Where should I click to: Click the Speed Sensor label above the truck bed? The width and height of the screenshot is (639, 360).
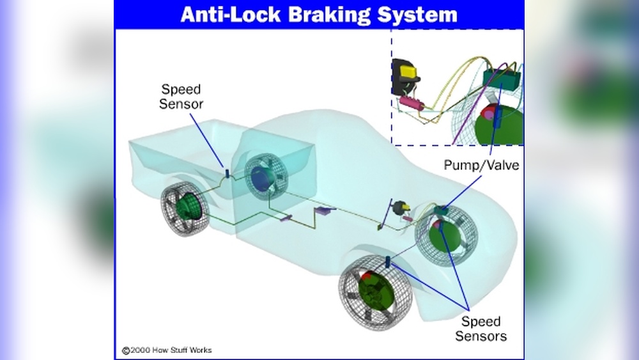181,97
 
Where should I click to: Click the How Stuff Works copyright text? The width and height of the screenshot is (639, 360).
167,350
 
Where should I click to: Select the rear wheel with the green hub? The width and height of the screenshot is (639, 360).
186,208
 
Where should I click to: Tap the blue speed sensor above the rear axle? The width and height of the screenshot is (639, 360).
226,173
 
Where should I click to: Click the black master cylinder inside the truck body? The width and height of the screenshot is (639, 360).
401,208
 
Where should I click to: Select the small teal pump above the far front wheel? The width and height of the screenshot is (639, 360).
440,209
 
